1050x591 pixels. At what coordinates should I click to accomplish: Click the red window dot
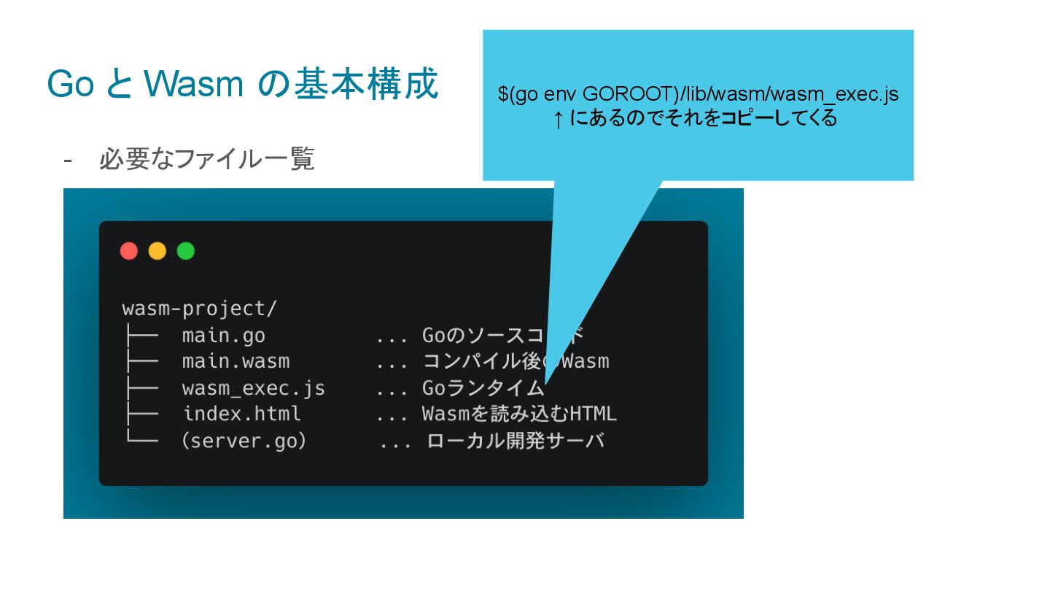click(129, 251)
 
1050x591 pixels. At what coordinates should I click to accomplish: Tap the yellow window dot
click(157, 251)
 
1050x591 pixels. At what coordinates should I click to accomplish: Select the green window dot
click(186, 251)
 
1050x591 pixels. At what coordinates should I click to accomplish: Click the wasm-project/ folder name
click(199, 309)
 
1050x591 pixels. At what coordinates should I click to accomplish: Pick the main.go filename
click(224, 336)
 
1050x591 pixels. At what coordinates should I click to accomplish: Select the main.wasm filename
click(236, 361)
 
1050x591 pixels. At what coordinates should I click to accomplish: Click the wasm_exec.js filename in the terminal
click(254, 388)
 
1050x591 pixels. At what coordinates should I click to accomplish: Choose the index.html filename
click(242, 414)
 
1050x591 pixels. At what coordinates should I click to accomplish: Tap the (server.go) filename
click(244, 441)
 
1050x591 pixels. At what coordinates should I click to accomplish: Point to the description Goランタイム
click(483, 388)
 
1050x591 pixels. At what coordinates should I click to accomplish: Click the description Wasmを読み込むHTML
click(519, 414)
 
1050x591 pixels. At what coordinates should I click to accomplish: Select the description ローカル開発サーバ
click(516, 441)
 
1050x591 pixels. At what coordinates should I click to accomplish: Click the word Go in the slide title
click(70, 85)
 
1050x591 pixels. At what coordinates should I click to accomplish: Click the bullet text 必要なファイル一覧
click(206, 158)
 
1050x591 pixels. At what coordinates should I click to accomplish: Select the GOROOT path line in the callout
click(698, 94)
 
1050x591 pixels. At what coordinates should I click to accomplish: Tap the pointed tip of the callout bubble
click(545, 382)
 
